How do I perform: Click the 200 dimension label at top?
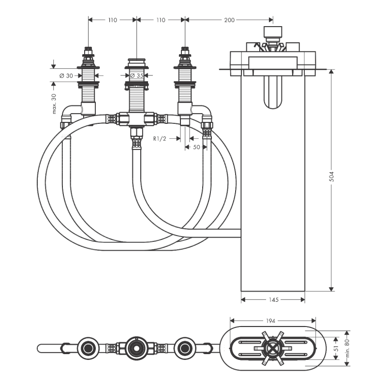229,20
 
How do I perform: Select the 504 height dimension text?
331,177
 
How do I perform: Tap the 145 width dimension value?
274,299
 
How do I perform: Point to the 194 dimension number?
270,321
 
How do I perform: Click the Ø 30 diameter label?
66,76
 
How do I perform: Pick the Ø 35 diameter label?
137,75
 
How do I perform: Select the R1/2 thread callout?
160,139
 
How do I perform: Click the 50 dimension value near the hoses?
196,147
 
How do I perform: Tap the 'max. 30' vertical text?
54,104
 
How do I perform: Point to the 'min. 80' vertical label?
347,348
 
